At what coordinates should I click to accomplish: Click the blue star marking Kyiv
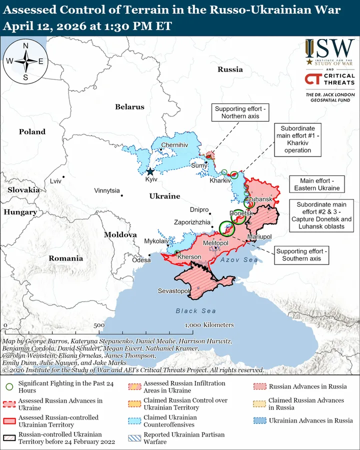click(150, 171)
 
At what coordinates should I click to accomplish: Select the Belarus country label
click(129, 107)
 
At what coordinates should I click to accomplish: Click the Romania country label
click(65, 258)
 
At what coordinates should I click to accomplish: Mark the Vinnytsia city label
click(107, 190)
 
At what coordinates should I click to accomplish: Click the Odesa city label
click(141, 260)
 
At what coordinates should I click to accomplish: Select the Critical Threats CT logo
click(313, 79)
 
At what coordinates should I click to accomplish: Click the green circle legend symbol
click(9, 386)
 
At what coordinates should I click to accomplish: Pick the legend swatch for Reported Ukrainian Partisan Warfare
click(134, 438)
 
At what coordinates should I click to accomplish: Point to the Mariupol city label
click(259, 236)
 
